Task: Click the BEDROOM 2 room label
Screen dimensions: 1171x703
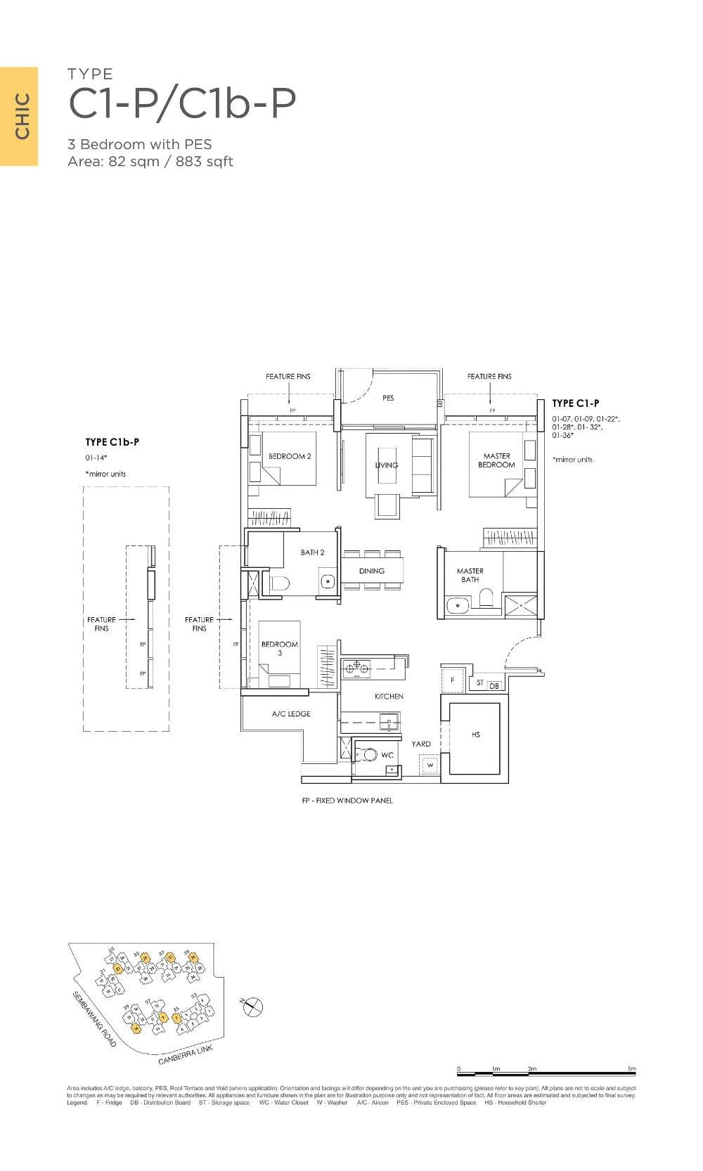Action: (x=290, y=456)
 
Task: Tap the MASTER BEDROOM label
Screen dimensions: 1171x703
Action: (x=496, y=460)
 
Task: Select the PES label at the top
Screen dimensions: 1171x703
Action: (x=388, y=398)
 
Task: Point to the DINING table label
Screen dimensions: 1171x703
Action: (x=372, y=571)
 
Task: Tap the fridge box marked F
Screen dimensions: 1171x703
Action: (x=453, y=680)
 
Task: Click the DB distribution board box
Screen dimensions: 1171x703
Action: (x=494, y=685)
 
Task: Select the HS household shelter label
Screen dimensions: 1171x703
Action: (x=476, y=735)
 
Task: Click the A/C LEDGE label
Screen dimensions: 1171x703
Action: (x=291, y=714)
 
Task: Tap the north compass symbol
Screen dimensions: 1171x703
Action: (x=252, y=1007)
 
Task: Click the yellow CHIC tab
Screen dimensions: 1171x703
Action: (x=20, y=116)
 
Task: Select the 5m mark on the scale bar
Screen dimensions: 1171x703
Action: (x=633, y=1069)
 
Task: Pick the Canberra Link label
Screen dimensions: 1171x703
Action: (x=184, y=1055)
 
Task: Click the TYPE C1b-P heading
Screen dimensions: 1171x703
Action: (x=112, y=442)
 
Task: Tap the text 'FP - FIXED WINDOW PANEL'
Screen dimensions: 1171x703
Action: (x=347, y=801)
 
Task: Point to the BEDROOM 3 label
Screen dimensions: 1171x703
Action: (x=280, y=648)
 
